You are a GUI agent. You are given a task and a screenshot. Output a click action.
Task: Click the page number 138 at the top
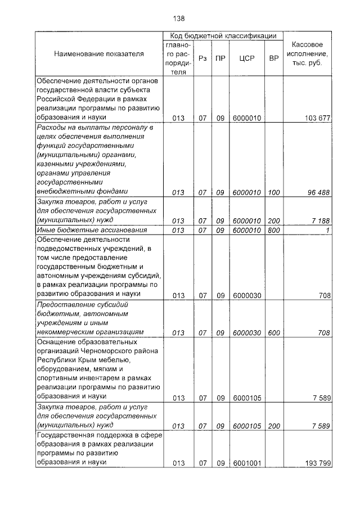click(x=179, y=19)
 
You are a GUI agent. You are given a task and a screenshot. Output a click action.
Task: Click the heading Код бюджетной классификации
click(x=223, y=36)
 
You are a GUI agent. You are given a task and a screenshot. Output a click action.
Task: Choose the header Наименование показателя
click(x=99, y=53)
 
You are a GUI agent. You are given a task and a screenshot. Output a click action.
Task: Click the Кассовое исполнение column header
click(x=308, y=53)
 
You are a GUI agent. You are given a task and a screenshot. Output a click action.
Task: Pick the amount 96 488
click(x=318, y=192)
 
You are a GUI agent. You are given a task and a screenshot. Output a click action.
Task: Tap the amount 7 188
click(x=321, y=220)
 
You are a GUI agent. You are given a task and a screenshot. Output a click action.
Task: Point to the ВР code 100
click(x=274, y=192)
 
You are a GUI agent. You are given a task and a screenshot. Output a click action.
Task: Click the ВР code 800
click(x=274, y=230)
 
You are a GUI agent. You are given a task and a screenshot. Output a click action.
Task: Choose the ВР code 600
click(x=274, y=332)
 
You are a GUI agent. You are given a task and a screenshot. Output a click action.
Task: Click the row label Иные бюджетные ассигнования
click(x=92, y=230)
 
